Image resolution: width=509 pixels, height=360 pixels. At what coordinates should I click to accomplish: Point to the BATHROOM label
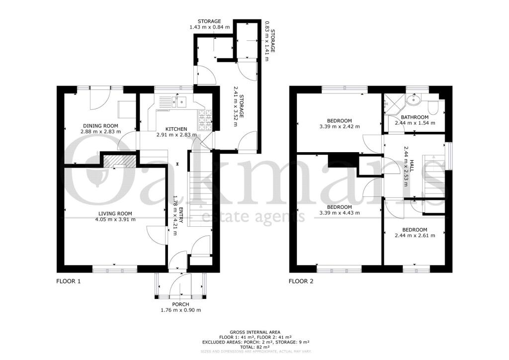pos(415,117)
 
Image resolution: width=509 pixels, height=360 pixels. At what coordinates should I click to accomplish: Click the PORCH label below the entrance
pos(180,304)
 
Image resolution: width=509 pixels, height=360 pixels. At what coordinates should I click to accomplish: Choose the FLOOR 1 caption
pos(68,281)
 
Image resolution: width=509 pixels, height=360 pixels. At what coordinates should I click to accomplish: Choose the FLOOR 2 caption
pos(301,281)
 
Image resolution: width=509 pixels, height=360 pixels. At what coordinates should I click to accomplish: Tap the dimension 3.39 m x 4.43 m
pos(340,213)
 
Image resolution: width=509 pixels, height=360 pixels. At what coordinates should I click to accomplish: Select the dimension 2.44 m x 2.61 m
pos(415,235)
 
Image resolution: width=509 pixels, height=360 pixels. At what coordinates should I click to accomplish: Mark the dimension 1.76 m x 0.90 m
pos(180,310)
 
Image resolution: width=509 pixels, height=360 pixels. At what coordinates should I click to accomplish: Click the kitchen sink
pos(179,102)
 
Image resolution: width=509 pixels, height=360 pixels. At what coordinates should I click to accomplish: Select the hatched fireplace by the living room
pos(120,162)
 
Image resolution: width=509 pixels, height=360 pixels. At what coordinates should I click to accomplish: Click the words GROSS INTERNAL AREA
pos(254,332)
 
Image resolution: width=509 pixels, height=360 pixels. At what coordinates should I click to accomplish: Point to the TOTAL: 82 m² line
pos(254,347)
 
